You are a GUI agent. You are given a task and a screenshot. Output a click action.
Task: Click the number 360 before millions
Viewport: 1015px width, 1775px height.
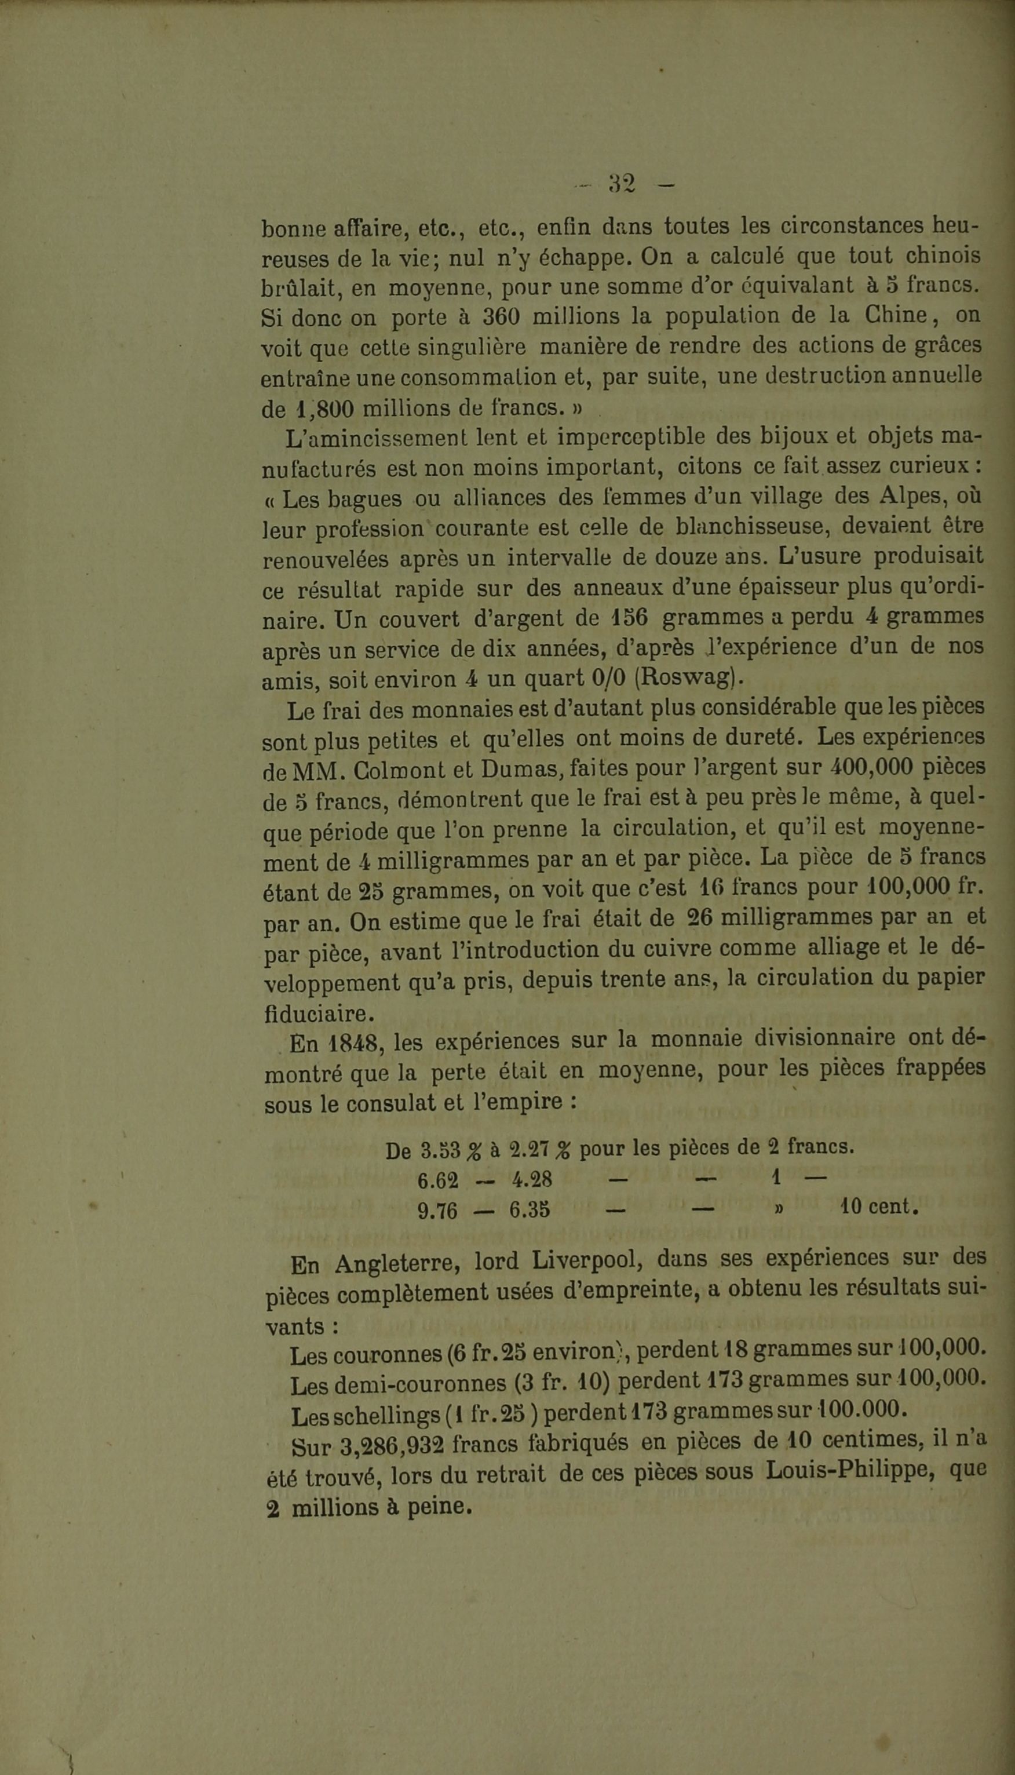501,316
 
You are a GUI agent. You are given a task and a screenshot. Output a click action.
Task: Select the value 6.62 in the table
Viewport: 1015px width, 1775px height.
438,1180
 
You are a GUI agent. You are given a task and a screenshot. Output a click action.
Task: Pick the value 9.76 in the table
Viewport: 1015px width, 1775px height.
438,1212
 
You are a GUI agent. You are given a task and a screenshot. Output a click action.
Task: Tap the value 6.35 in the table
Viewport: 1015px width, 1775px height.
530,1211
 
